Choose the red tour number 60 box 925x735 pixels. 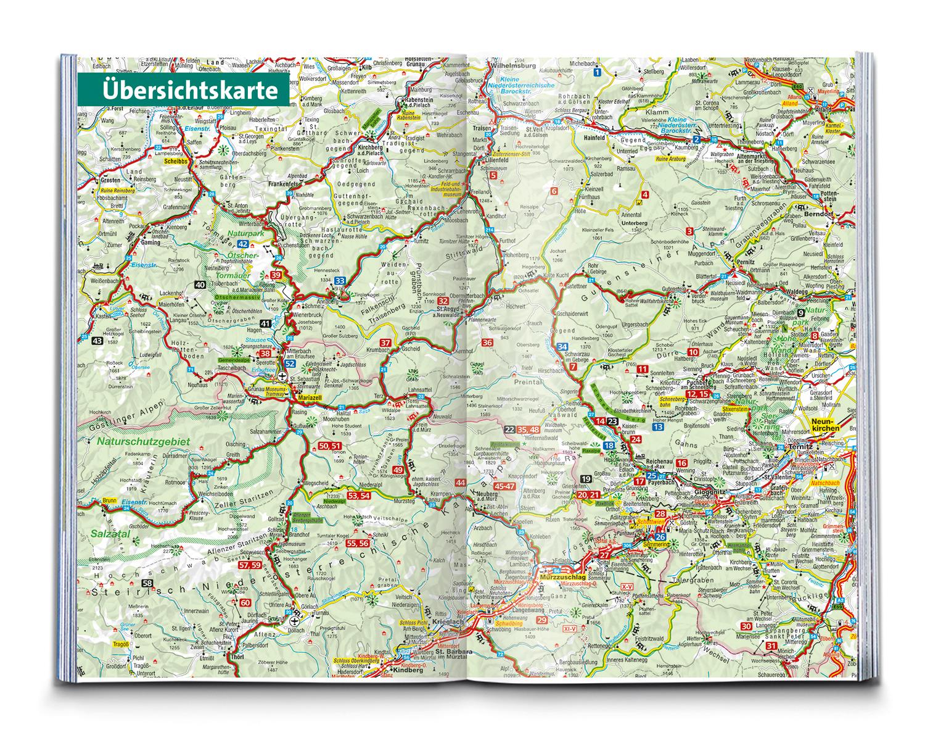tap(245, 603)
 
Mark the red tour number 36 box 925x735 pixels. tap(487, 343)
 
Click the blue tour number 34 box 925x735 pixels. tap(562, 347)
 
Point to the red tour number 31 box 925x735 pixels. tap(771, 646)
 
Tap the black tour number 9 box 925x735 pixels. tap(816, 298)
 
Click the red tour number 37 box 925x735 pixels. tap(385, 343)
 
